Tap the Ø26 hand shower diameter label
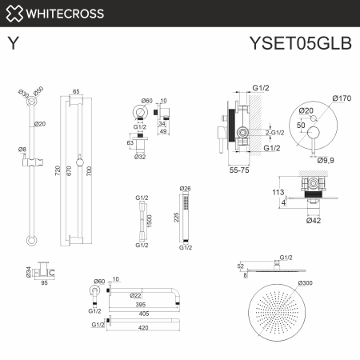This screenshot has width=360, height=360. [186, 189]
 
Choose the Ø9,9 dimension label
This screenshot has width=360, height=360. [325, 161]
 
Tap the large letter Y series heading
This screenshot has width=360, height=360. [14, 43]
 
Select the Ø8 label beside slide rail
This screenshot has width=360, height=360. [23, 150]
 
